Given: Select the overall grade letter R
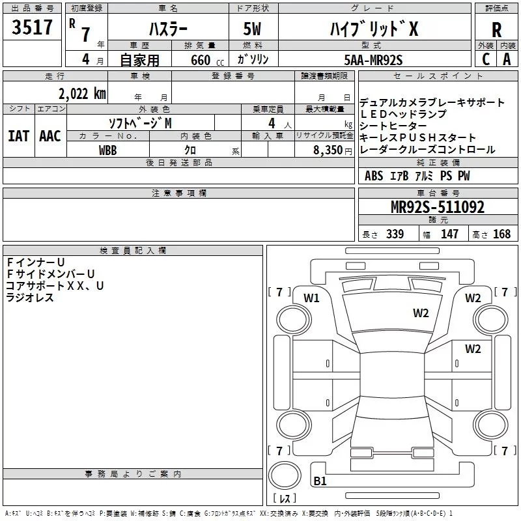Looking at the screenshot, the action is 496,30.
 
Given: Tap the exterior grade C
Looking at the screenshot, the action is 485,59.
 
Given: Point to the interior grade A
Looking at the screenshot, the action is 507,59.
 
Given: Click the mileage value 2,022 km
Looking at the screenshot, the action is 82,93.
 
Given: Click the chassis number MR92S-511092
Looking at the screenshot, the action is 437,207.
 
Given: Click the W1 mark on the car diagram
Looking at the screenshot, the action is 312,298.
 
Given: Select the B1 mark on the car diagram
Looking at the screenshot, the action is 320,482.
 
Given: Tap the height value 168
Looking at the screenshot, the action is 501,234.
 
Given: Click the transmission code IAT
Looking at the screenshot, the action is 19,135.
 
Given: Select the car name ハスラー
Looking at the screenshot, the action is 167,29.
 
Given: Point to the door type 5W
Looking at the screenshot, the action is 253,29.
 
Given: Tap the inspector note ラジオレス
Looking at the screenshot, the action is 30,298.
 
